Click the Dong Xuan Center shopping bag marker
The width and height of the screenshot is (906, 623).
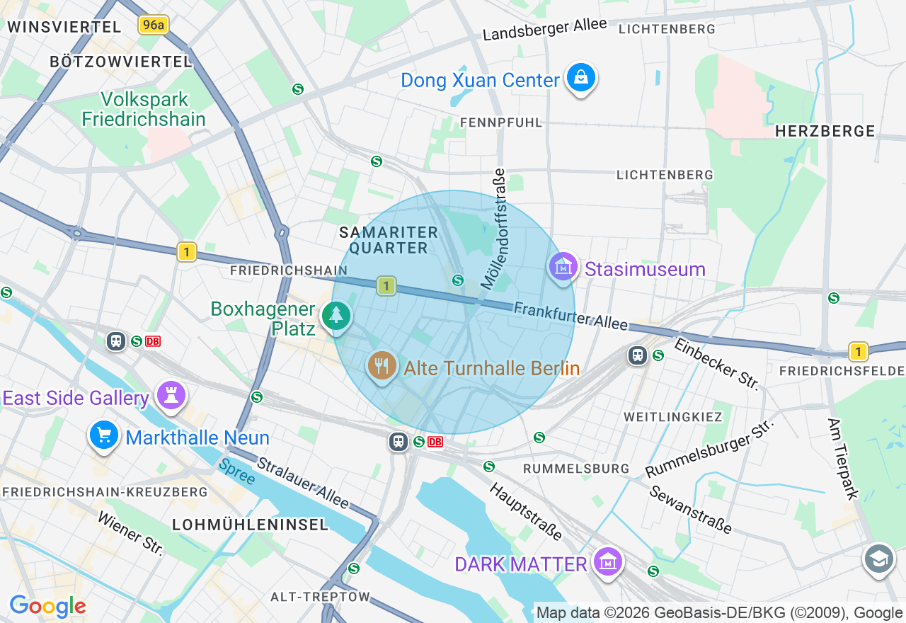coord(580,78)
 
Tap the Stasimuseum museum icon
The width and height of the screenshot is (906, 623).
coord(563,268)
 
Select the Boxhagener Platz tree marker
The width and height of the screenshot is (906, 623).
coord(336,316)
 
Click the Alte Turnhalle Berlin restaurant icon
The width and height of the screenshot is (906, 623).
coord(382,366)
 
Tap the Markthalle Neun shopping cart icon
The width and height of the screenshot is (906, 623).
coord(104,435)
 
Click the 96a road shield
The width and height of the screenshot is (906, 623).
coord(153,25)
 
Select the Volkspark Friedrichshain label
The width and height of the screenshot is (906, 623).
coord(144,109)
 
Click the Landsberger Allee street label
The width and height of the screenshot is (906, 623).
coord(545,29)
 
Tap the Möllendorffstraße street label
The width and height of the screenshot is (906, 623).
coord(494,228)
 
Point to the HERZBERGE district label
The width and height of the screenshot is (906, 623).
coord(825,131)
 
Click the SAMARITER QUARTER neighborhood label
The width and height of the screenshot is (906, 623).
coord(389,240)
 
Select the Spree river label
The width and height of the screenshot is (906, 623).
coord(236,471)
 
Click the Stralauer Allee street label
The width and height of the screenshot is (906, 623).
coord(303,483)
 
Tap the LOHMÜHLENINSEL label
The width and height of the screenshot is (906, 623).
coord(251,525)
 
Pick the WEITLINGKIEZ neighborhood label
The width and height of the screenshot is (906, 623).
coord(672,417)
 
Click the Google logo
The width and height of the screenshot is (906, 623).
coord(47,606)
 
